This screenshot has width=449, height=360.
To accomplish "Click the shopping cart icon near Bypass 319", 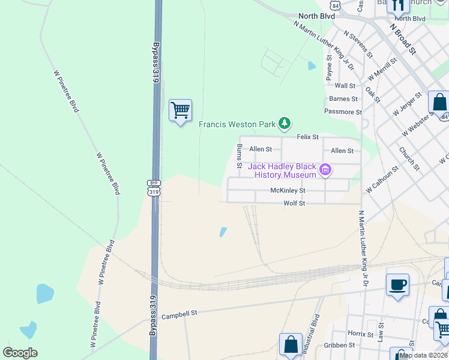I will [x=180, y=110].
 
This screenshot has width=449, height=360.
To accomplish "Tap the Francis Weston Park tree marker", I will [x=285, y=124].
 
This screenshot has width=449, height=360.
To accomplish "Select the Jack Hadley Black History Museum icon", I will [x=325, y=170].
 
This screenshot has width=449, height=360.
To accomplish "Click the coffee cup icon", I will [x=397, y=284].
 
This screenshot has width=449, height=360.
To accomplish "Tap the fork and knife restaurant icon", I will [x=397, y=5].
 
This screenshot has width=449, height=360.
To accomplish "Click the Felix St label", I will [x=308, y=137].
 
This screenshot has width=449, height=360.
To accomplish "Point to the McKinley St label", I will [x=288, y=191].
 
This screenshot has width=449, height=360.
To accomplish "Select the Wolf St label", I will [x=294, y=204].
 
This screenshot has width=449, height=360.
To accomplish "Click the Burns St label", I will [x=239, y=156].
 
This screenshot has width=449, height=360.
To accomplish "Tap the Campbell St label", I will [x=179, y=314].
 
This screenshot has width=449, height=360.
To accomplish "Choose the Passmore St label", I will [x=343, y=112].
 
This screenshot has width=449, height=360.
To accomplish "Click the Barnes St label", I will [x=343, y=99].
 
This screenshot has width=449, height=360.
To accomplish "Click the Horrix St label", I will [x=361, y=334].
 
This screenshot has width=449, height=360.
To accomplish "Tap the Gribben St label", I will [x=339, y=346].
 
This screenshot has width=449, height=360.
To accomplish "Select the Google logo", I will [x=20, y=353].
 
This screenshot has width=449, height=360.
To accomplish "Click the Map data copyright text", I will [x=424, y=355].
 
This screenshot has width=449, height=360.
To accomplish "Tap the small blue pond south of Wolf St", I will [x=223, y=232].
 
